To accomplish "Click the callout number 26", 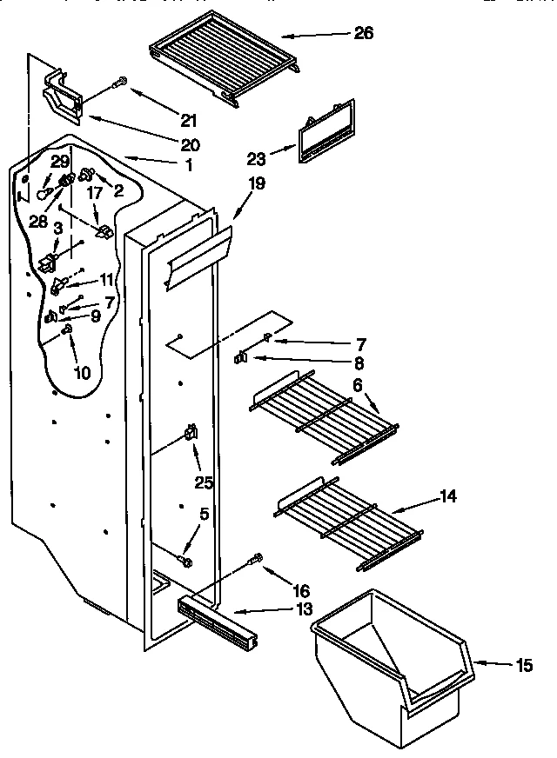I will point(365,34).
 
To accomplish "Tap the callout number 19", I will point(256,184).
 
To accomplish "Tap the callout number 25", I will point(204,481).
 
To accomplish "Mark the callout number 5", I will point(204,514).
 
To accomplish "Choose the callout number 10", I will point(81,374).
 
